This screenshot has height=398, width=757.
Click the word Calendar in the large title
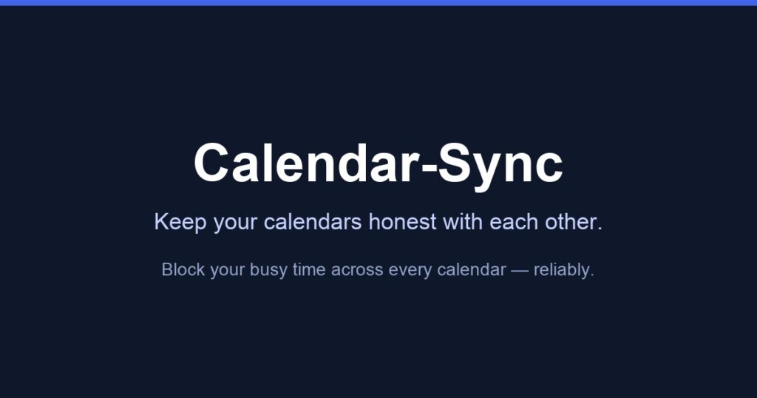pos(306,162)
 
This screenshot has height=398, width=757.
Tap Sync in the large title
pos(500,166)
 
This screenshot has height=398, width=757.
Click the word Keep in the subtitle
pos(180,223)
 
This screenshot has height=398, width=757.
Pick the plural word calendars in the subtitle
pos(313,222)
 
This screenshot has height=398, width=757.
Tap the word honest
pos(403,222)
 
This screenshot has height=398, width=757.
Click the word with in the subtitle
pos(463,222)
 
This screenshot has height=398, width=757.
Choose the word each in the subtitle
pos(514,222)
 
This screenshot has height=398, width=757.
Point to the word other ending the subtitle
pos(574,222)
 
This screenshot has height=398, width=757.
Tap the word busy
pos(268,271)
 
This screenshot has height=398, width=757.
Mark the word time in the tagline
pos(309,269)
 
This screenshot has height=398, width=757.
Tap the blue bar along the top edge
pos(378,3)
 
